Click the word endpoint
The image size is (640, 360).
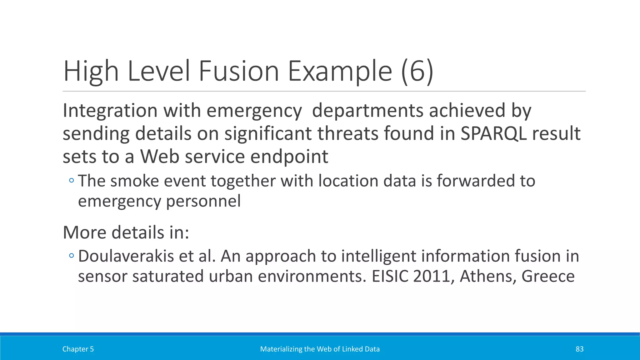289,157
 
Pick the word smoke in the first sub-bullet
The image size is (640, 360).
135,181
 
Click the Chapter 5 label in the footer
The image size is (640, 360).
78,349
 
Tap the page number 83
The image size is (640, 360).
579,349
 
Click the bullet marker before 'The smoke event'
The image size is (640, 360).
72,180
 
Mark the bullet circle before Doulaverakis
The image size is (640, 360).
72,256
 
